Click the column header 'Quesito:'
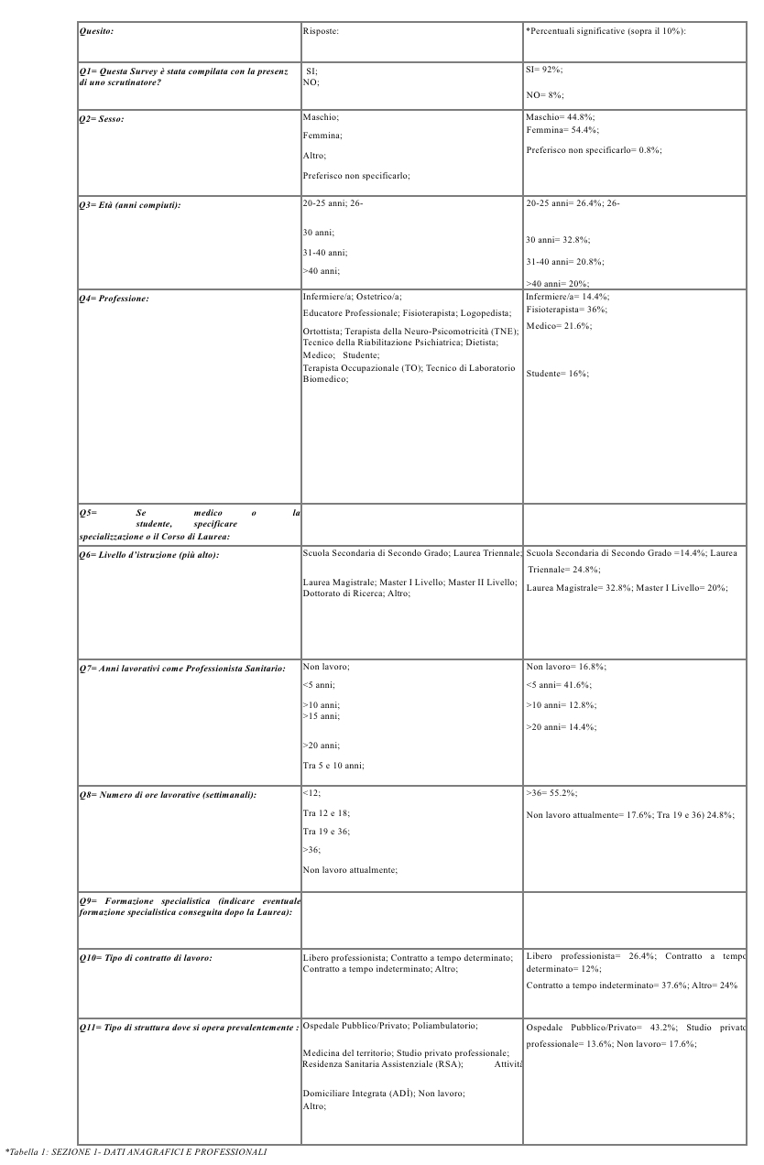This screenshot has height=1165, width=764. click(95, 31)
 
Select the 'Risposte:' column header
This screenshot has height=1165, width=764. click(321, 31)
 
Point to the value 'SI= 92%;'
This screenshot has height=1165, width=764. click(543, 69)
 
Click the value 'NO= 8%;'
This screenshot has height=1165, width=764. click(543, 94)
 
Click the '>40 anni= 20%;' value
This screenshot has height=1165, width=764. click(558, 284)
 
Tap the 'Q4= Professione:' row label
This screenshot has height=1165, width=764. click(114, 298)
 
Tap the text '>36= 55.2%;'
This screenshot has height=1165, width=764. click(551, 793)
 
